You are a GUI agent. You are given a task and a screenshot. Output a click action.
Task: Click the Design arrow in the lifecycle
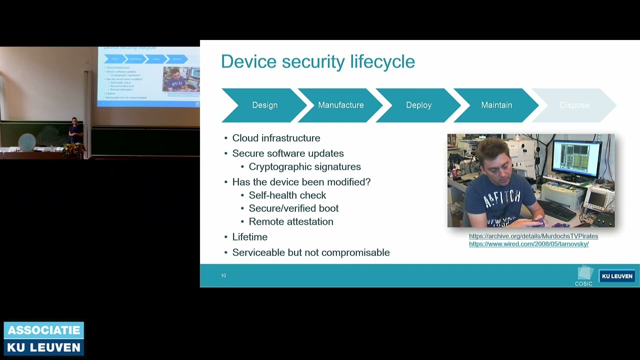(264, 105)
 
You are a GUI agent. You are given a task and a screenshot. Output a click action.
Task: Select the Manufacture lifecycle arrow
(341, 105)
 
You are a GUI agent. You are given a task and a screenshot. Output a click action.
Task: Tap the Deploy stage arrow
(418, 105)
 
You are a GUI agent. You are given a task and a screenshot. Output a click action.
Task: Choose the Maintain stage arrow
(496, 105)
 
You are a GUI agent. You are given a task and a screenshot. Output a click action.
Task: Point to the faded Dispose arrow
(574, 105)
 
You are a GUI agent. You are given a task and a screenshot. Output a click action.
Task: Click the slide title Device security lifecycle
(318, 61)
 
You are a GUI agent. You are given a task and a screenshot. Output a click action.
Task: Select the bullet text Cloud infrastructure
(276, 138)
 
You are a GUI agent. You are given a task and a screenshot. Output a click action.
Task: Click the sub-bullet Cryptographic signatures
(304, 167)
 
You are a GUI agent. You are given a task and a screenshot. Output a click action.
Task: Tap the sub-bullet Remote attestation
(290, 221)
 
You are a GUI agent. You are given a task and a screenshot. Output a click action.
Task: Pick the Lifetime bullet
(249, 237)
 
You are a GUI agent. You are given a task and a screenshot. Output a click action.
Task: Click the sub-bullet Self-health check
(287, 195)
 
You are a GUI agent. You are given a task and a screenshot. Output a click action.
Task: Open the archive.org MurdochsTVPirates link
(533, 236)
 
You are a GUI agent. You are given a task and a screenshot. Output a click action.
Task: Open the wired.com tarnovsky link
(528, 244)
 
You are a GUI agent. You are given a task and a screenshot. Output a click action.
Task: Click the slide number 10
(223, 275)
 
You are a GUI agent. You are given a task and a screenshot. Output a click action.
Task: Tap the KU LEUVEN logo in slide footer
(617, 276)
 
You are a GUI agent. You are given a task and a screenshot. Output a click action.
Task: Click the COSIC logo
(584, 275)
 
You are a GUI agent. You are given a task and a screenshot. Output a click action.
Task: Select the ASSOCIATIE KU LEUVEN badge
(44, 338)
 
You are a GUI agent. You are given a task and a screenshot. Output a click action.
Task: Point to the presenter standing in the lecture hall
(75, 131)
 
